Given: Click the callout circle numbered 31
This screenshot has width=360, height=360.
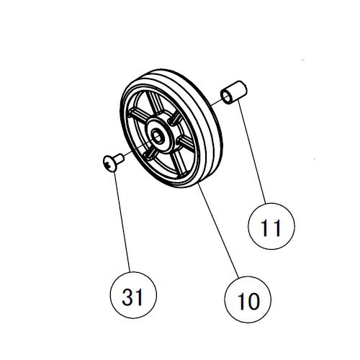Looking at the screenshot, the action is click(x=133, y=295).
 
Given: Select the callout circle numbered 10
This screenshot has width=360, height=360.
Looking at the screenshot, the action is click(x=248, y=300).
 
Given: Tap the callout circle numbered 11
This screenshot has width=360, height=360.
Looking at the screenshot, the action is click(x=271, y=226).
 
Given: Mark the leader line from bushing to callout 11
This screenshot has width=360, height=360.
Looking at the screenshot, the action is click(x=252, y=153).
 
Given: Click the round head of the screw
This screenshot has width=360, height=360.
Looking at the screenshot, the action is click(x=109, y=163).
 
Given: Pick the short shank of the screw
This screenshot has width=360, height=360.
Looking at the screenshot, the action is click(x=119, y=158).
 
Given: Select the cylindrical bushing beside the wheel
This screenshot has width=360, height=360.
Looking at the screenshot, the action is click(x=234, y=92).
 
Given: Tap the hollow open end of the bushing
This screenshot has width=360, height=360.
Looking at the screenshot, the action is click(x=227, y=96).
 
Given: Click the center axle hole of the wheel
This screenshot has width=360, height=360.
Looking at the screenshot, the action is click(x=157, y=138).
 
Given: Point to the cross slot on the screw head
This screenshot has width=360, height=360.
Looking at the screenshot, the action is click(x=108, y=164).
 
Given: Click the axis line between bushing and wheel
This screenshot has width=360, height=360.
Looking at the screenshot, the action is click(x=215, y=102).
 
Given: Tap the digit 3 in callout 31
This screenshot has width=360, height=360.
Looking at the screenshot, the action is click(x=127, y=297).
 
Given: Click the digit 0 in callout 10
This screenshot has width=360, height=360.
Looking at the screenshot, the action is click(x=252, y=302).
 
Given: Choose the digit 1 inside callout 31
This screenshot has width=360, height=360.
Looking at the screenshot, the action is click(x=139, y=297).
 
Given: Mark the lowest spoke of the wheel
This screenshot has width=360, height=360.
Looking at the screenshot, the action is click(x=179, y=164).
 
